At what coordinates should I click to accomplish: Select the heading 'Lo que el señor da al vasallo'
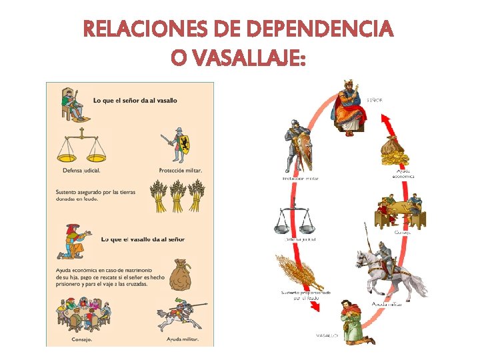click(x=135, y=101)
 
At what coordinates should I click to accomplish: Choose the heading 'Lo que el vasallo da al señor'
click(x=143, y=239)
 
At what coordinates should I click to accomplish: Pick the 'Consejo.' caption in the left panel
click(x=82, y=339)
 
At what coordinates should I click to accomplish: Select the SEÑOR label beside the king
click(x=375, y=100)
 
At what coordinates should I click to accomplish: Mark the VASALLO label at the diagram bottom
click(x=327, y=335)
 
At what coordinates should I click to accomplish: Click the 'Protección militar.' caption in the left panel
click(x=180, y=170)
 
